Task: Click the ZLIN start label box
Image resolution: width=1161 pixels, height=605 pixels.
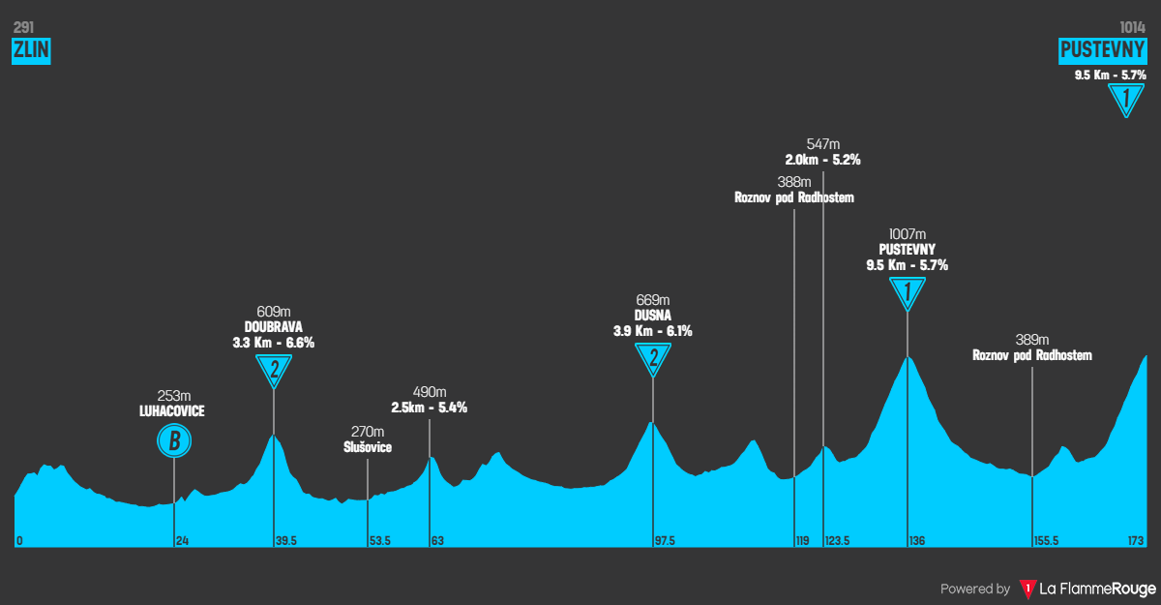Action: (x=31, y=51)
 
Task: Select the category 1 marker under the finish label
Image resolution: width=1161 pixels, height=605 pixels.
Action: (x=1125, y=99)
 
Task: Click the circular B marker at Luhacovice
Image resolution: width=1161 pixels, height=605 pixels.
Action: (x=174, y=442)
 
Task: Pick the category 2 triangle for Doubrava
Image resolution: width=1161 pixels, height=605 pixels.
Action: (x=275, y=368)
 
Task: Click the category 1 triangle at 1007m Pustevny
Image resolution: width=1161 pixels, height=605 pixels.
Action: (x=908, y=291)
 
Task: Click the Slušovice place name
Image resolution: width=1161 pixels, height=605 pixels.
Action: (x=368, y=447)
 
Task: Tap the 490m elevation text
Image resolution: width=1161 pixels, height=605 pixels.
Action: (x=430, y=392)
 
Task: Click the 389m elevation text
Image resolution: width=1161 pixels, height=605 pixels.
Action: (x=1032, y=340)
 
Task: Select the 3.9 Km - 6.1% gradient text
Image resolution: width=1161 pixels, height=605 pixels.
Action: (x=653, y=331)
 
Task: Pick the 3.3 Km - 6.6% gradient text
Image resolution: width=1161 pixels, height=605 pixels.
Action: (x=274, y=343)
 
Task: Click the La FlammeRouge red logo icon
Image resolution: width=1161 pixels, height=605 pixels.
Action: (x=1027, y=589)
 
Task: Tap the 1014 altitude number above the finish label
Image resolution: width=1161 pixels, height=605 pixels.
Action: (x=1132, y=28)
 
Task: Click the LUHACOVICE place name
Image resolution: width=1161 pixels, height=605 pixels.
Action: (x=172, y=410)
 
